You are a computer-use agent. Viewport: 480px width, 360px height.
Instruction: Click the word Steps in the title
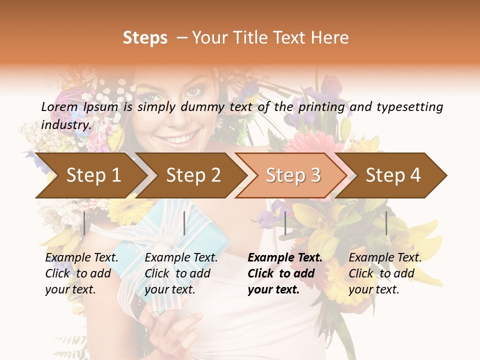tap(145, 38)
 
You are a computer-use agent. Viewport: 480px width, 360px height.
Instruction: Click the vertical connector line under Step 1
tap(84, 223)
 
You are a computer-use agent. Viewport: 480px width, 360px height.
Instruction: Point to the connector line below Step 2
tap(184, 223)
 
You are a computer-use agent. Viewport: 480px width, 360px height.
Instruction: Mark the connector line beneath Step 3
tap(285, 223)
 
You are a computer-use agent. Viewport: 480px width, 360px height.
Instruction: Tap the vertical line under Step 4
tap(386, 223)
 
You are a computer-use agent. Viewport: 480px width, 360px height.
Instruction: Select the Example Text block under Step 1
tap(81, 273)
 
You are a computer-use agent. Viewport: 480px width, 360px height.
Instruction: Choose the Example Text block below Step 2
tap(181, 273)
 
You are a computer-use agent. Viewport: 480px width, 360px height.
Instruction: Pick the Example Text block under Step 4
tap(385, 273)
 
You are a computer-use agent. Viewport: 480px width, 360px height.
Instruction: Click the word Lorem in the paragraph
tap(59, 107)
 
